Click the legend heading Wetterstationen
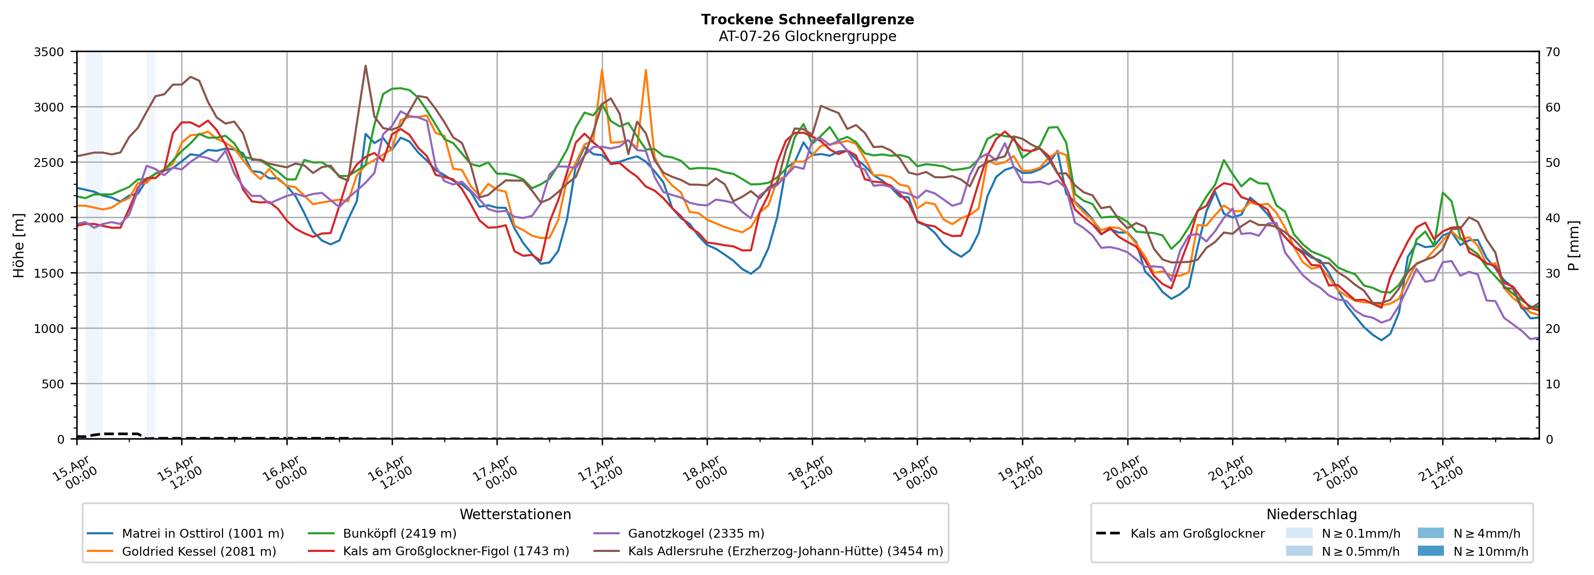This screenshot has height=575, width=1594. point(515,514)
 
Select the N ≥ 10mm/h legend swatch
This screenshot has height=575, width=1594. point(1430,551)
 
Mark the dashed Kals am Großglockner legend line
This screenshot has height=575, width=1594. point(1108,533)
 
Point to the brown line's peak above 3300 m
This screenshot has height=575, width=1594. point(365,65)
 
